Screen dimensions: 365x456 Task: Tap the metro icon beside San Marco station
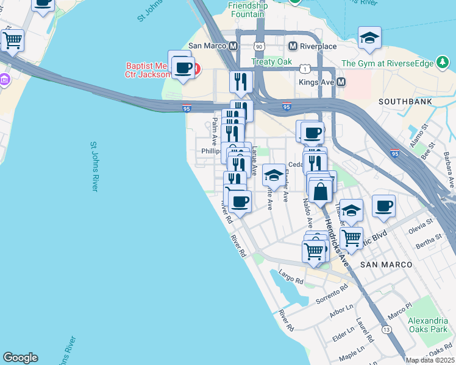[x=233, y=46]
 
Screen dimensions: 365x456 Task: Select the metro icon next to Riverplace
[x=293, y=46]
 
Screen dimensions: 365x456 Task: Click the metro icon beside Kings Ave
[x=341, y=82]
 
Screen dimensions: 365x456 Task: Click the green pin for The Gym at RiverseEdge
[x=441, y=63]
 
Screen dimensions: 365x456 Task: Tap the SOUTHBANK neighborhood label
[x=405, y=101]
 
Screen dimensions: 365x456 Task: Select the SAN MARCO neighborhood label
[x=386, y=265]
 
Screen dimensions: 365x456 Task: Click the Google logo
[x=20, y=358]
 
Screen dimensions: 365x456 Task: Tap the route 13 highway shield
[x=387, y=329]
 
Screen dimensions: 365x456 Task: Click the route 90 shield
[x=259, y=46]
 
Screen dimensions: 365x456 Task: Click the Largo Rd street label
[x=291, y=278]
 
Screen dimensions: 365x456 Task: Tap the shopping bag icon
[x=321, y=192]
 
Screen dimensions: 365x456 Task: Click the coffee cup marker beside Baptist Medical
[x=183, y=67]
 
